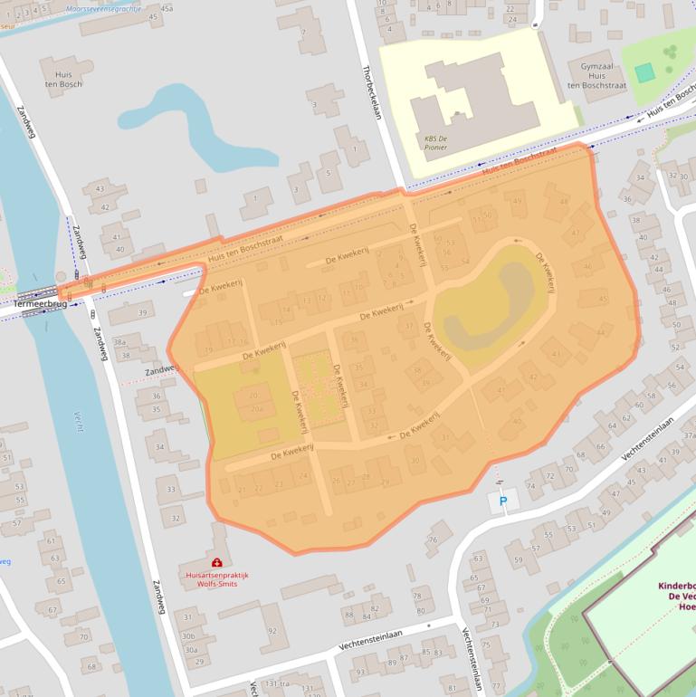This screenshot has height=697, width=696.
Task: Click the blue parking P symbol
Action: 503,500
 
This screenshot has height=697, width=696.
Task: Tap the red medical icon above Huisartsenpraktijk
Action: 217,563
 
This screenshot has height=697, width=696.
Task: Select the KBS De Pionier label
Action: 435,142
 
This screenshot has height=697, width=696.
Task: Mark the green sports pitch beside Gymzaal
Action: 644,72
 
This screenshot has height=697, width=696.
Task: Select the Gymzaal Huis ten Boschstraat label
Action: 592,76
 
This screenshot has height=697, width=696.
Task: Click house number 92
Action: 271,631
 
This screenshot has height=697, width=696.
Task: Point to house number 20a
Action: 257,409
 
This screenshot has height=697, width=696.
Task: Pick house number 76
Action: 434,539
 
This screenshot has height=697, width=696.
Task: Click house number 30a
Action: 190,650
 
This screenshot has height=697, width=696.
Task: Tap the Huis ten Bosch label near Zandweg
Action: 63,79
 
